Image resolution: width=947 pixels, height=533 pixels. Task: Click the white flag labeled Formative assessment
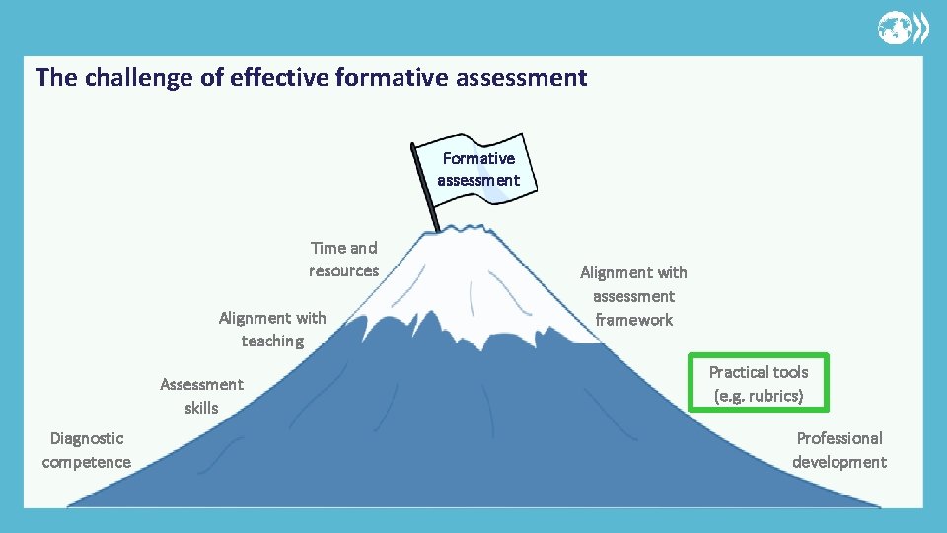478,169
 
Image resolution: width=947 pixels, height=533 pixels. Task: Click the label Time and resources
343,260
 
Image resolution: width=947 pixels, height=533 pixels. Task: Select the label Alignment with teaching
272,329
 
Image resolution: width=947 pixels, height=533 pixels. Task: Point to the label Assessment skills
201,396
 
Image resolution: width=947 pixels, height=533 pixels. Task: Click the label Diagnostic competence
87,450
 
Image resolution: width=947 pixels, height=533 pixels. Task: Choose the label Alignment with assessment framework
633,296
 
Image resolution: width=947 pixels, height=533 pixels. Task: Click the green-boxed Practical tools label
759,384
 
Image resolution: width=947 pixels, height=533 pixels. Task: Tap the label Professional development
839,450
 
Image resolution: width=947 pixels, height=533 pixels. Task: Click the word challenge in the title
139,77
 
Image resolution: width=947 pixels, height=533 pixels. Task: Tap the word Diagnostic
87,438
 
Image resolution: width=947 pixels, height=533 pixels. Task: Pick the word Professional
839,438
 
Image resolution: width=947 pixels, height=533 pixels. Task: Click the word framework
633,320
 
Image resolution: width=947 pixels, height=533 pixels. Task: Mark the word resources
343,271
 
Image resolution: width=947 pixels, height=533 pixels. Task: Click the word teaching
272,342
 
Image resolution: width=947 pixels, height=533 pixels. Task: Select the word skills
201,408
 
